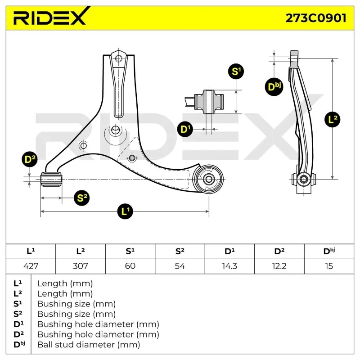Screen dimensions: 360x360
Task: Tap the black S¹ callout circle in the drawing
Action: [x=236, y=71]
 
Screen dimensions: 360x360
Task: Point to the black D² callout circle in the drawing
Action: [x=30, y=159]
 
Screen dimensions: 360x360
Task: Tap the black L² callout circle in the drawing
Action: [x=333, y=120]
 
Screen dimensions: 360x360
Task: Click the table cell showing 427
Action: [x=31, y=266]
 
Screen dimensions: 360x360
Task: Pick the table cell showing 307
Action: [x=81, y=266]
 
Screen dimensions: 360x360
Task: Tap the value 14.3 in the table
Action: [x=229, y=266]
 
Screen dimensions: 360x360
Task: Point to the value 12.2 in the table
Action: [x=279, y=266]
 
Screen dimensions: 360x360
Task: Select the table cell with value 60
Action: [x=130, y=266]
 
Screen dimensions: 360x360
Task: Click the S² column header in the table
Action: [x=180, y=252]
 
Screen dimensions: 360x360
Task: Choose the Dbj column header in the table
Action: [x=329, y=252]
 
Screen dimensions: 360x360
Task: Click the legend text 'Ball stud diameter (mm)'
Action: [x=89, y=345]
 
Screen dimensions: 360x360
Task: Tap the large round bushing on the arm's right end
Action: [x=209, y=179]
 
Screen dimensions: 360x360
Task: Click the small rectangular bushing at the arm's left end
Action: [x=51, y=179]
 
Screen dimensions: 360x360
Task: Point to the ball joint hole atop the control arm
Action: [x=119, y=58]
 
